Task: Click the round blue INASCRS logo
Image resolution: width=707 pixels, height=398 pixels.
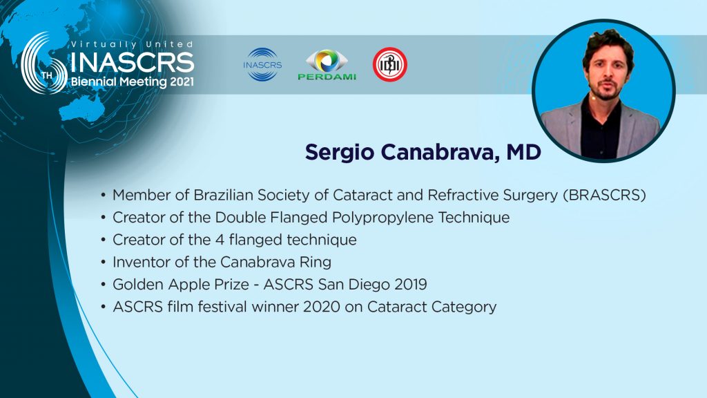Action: pyautogui.click(x=262, y=64)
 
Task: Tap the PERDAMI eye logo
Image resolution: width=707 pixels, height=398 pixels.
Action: pyautogui.click(x=327, y=64)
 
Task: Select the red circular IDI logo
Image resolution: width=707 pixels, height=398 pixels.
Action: pyautogui.click(x=390, y=64)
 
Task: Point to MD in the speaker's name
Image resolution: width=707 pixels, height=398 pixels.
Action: pyautogui.click(x=523, y=152)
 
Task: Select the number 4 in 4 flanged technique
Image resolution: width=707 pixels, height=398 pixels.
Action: pyautogui.click(x=220, y=240)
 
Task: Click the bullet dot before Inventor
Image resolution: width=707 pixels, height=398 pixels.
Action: pyautogui.click(x=104, y=263)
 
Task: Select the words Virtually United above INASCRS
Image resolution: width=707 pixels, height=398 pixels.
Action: pyautogui.click(x=132, y=44)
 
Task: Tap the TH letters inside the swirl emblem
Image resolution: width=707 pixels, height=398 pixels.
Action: pyautogui.click(x=47, y=75)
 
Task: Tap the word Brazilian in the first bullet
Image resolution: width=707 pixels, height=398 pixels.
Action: pyautogui.click(x=223, y=195)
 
